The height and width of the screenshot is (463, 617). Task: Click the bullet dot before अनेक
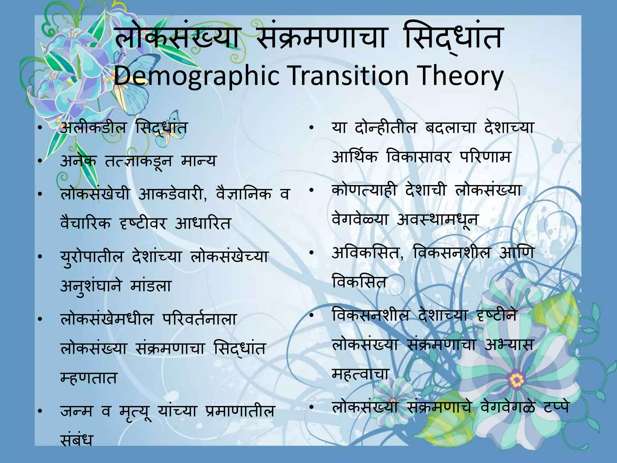click(x=39, y=163)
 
